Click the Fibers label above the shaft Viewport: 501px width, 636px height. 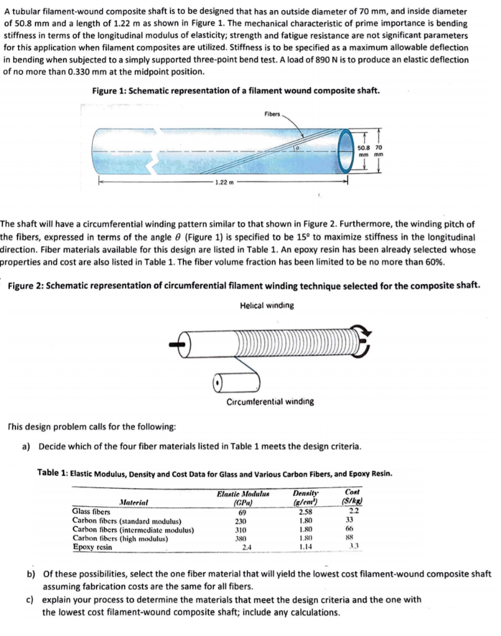pyautogui.click(x=272, y=114)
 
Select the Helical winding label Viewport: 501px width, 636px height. pyautogui.click(x=266, y=306)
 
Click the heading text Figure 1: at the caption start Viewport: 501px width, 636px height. pyautogui.click(x=109, y=91)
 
